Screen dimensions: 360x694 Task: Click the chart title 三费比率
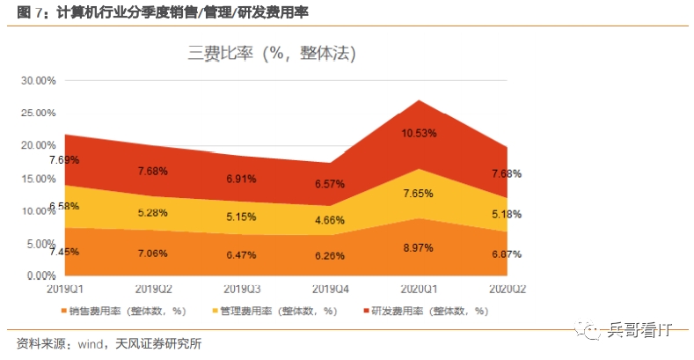pos(271,54)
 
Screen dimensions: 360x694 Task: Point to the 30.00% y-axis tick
pos(39,80)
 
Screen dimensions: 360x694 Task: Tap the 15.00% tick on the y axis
pos(39,178)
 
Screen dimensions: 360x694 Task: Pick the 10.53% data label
pos(420,134)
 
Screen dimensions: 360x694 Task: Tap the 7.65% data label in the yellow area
pos(420,194)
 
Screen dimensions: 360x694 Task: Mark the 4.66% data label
pos(330,220)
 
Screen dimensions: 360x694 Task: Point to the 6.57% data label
pos(330,184)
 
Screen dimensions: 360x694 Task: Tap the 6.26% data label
pos(330,256)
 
